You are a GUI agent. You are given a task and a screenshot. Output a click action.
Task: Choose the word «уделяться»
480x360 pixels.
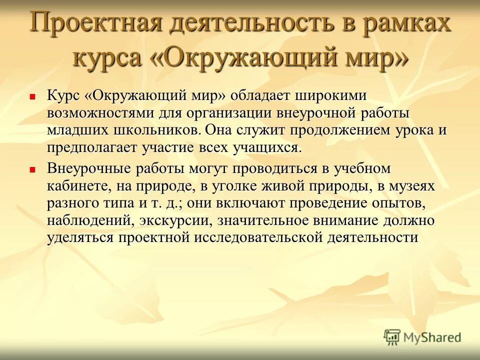point(81,238)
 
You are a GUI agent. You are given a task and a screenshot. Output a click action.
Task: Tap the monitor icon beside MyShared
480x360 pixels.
point(392,337)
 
